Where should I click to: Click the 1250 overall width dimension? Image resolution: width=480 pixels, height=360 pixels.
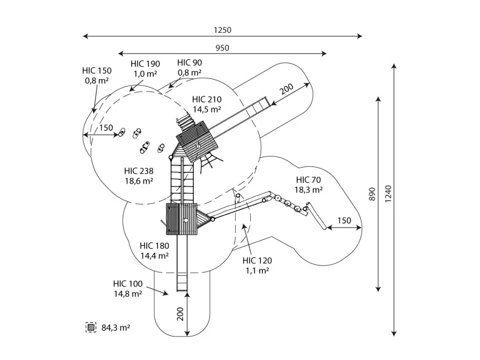[x=223, y=30]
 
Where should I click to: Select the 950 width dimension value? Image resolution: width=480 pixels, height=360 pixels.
[x=223, y=48]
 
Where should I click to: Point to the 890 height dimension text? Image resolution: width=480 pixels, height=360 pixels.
[x=372, y=194]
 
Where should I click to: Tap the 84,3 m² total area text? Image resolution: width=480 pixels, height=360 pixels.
[x=115, y=328]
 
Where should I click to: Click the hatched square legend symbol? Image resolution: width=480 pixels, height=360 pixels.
[x=91, y=327]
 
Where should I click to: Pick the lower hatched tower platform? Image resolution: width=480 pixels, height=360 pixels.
[x=183, y=219]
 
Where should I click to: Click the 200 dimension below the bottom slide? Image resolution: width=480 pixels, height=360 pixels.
[x=180, y=314]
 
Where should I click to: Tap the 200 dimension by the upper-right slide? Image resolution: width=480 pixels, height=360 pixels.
[x=287, y=88]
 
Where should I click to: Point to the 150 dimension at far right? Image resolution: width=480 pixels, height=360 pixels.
[x=344, y=220]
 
